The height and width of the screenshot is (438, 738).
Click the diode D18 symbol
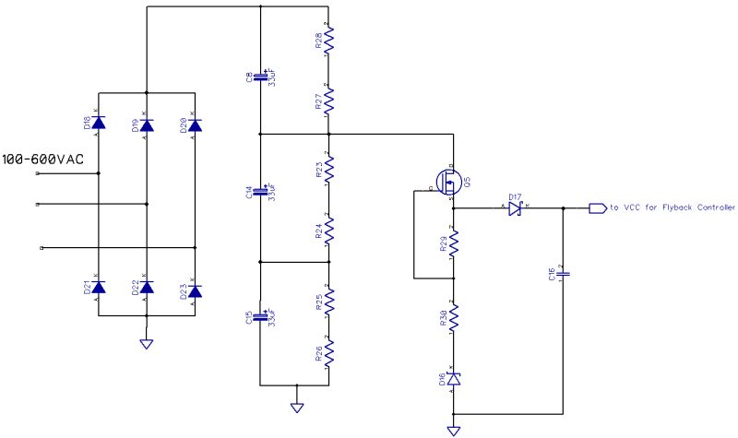[x=99, y=124]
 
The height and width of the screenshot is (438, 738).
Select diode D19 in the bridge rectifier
[x=147, y=124]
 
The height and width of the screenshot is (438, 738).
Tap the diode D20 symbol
[x=195, y=124]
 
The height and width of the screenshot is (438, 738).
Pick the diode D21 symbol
[x=99, y=288]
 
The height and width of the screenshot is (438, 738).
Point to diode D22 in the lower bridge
[x=147, y=288]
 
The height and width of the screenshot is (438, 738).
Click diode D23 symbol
[x=195, y=288]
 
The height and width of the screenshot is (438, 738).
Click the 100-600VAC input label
[x=42, y=160]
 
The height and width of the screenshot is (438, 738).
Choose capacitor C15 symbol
[x=261, y=318]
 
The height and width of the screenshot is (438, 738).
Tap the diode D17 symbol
[x=514, y=208]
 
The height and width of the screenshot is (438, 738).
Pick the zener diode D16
[x=453, y=379]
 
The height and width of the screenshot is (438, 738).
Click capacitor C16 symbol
[x=564, y=273]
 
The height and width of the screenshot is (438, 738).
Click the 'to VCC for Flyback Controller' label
[x=672, y=208]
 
